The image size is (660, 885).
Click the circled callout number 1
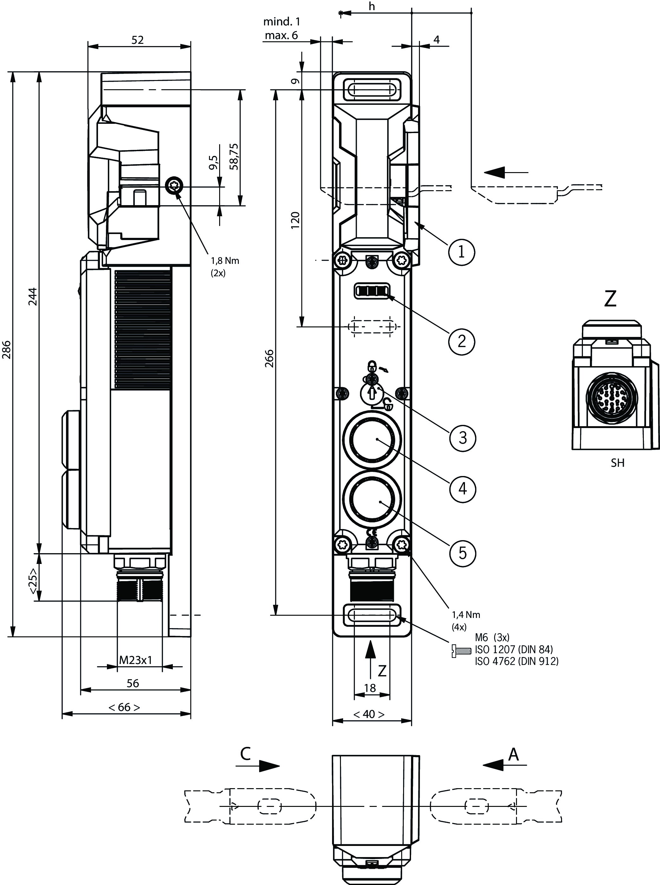tap(461, 252)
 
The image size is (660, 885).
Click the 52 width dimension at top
tap(137, 40)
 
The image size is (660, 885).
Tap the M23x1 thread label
tap(136, 660)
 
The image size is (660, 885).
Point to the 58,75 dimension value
tap(234, 156)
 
